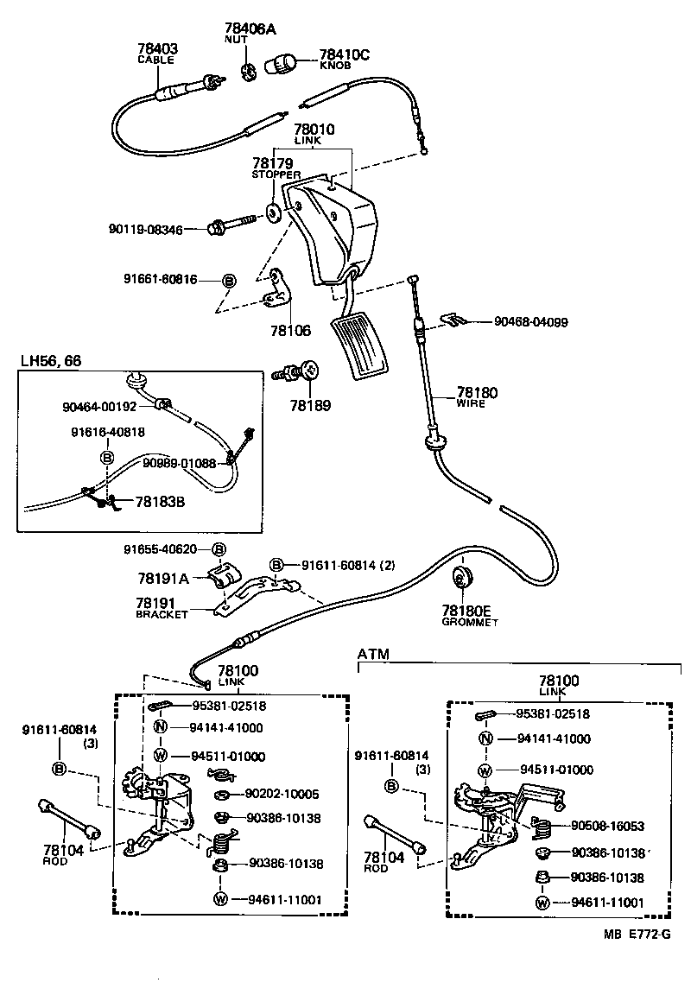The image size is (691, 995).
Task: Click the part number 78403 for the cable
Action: [156, 49]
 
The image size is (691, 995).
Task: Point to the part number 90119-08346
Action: [146, 229]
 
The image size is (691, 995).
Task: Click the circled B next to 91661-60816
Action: [229, 281]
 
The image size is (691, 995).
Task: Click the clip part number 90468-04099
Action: [530, 321]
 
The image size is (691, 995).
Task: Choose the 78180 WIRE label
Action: [477, 394]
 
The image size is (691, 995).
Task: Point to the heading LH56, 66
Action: [51, 360]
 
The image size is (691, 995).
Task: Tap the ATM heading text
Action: [373, 655]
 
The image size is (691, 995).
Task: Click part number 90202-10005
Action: [282, 794]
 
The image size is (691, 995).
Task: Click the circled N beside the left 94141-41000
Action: [160, 727]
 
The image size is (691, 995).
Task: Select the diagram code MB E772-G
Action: [637, 935]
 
